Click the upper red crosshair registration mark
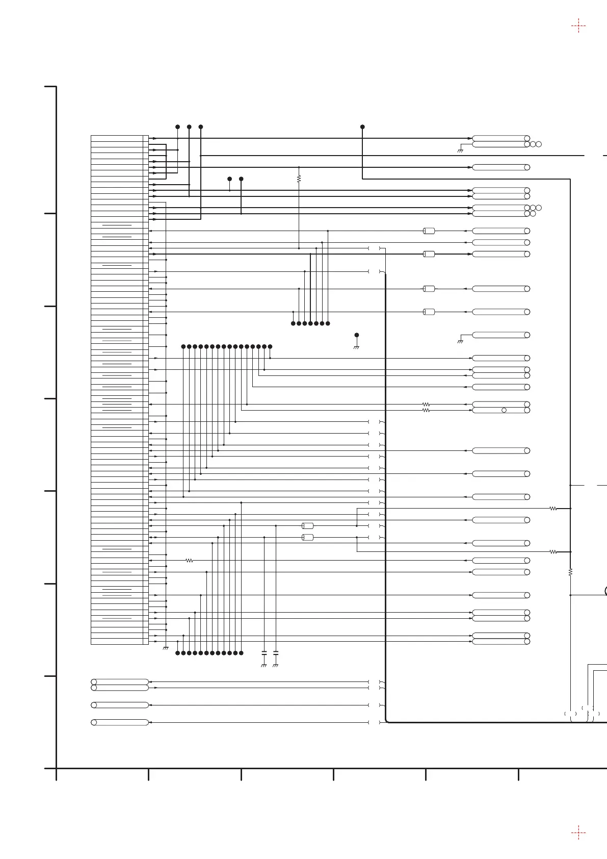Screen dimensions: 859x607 578,26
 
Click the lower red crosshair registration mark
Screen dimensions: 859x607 578,833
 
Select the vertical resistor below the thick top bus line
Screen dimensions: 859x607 299,179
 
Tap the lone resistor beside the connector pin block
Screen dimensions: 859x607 189,561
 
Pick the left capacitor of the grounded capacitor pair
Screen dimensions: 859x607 264,653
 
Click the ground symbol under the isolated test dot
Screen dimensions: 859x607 357,347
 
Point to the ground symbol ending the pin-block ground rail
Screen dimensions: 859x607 166,648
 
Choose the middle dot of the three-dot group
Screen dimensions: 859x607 189,127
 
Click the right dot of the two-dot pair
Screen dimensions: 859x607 241,179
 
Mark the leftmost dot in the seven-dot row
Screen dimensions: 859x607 293,323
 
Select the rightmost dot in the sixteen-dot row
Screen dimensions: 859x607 270,347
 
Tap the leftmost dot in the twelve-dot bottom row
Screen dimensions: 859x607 177,653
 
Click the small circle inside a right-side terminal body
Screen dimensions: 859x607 504,410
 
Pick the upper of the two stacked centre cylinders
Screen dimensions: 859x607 307,525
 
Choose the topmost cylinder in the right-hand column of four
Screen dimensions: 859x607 429,231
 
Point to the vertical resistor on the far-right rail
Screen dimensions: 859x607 570,572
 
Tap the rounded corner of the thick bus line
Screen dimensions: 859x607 387,721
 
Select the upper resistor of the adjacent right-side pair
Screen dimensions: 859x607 426,405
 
